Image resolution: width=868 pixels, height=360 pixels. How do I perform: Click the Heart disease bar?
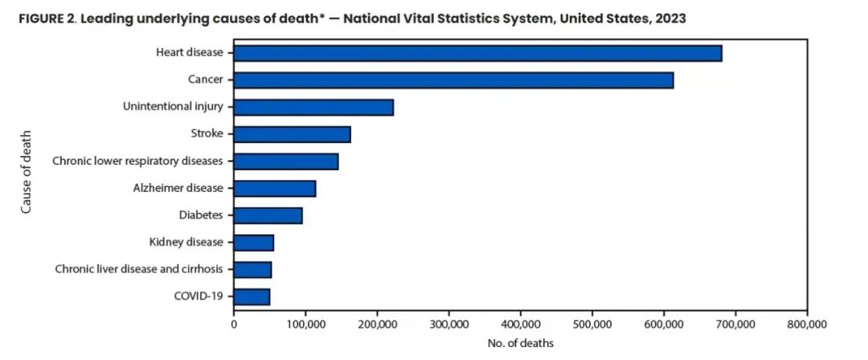coord(477,53)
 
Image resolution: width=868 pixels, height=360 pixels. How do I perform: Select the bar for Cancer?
coord(453,80)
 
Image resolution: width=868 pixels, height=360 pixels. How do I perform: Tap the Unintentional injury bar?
coord(313,108)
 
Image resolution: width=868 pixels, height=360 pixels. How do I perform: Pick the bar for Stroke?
coord(293,134)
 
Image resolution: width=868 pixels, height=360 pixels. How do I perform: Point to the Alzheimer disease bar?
coord(275,189)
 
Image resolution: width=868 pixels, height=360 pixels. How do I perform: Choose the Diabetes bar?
coord(268,215)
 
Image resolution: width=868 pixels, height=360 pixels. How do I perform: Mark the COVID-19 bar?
coord(252,297)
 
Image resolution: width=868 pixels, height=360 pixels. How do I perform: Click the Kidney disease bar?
coord(253,243)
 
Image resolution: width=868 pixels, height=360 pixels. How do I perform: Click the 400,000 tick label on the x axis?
coord(520,324)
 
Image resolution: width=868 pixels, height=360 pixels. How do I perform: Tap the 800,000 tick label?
coord(807,324)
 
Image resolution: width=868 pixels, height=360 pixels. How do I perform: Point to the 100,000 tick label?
coord(305,324)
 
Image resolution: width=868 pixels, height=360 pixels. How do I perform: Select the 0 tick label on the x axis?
coord(234,324)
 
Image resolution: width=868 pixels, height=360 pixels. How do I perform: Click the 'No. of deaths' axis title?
coord(520,343)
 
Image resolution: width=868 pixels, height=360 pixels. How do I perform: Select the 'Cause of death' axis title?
coord(26,172)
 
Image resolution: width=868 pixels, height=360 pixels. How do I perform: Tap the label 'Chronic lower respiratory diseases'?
coord(138,162)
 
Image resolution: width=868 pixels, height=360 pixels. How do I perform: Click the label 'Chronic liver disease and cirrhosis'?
coord(139,270)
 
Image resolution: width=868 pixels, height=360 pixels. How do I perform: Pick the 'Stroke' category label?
coord(207,134)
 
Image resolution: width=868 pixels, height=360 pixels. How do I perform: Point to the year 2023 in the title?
coord(670,18)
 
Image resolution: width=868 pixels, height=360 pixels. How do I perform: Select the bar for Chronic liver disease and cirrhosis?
coord(252,270)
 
